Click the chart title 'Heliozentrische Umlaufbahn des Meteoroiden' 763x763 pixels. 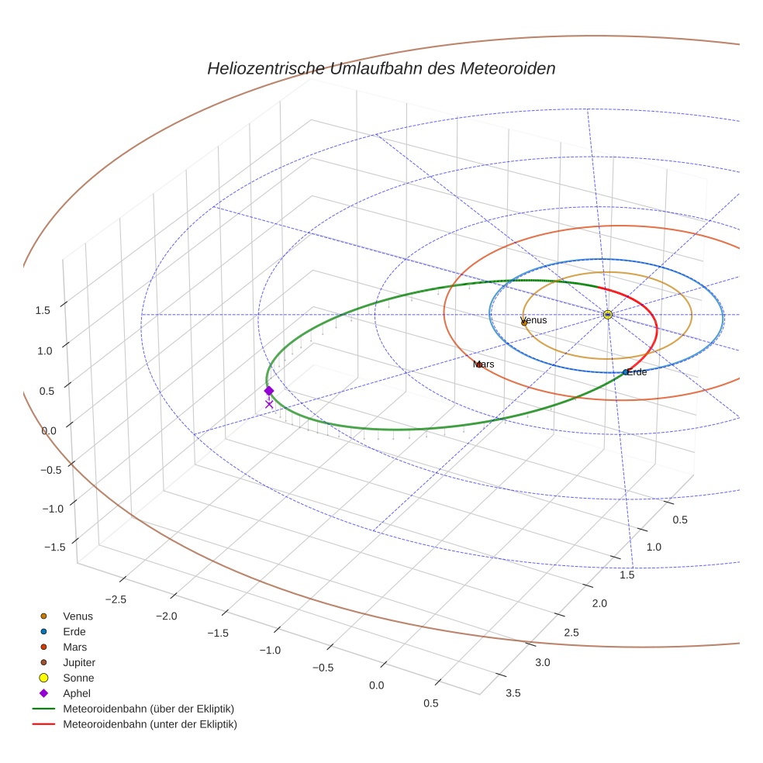click(x=381, y=68)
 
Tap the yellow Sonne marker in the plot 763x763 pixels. click(x=608, y=314)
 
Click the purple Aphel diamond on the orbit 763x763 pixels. click(x=269, y=391)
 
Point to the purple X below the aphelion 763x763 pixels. click(x=269, y=404)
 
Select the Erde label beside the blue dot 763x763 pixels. click(x=637, y=372)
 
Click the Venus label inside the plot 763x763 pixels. click(x=533, y=320)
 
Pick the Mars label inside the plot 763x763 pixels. click(x=484, y=364)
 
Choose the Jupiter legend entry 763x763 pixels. click(x=79, y=662)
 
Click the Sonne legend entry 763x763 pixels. click(x=78, y=678)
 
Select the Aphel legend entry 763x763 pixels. click(x=77, y=693)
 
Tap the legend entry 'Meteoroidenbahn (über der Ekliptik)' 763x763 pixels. click(x=148, y=709)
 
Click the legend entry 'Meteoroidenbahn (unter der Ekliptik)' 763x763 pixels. click(x=150, y=724)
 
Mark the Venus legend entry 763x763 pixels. click(x=78, y=616)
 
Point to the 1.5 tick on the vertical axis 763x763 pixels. click(x=43, y=310)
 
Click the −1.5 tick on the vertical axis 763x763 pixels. click(x=54, y=547)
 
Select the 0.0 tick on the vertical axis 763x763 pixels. click(x=49, y=430)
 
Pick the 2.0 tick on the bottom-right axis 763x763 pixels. click(x=599, y=603)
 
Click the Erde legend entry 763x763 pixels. click(x=74, y=631)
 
